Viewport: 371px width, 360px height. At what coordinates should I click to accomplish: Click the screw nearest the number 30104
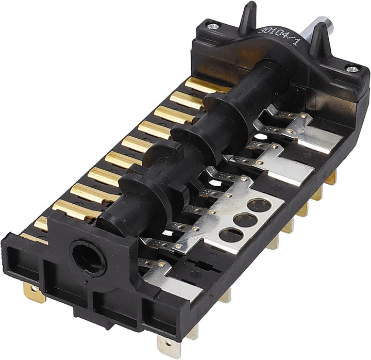[x=213, y=26]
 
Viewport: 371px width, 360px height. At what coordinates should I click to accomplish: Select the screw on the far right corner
[x=352, y=69]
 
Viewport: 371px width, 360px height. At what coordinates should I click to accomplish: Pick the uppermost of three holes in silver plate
[x=259, y=205]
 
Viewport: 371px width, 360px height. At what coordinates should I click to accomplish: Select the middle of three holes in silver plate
[x=245, y=220]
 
